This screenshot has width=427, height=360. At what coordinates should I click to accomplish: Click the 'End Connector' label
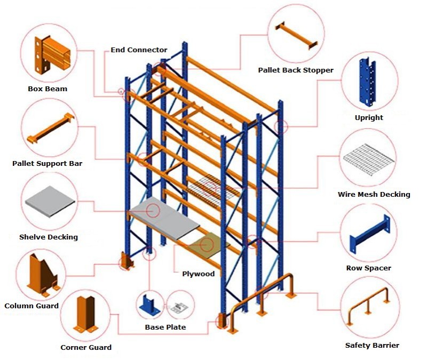(139, 50)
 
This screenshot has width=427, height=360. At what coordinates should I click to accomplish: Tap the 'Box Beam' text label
(48, 89)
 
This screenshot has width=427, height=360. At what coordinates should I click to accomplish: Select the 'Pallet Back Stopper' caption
(296, 70)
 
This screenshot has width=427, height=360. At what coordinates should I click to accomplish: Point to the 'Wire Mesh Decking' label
(374, 195)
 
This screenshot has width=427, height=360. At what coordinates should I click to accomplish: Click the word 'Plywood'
(199, 274)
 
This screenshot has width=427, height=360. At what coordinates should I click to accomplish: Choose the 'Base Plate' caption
(165, 327)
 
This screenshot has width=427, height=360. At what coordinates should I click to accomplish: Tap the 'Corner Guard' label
(86, 347)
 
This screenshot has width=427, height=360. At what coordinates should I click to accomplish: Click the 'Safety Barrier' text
(372, 345)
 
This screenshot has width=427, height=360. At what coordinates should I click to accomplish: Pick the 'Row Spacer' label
(368, 268)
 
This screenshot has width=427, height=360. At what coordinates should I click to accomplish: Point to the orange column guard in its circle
(43, 275)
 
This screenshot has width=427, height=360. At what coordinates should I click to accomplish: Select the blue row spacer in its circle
(368, 235)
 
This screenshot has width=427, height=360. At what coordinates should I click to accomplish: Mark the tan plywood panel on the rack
(208, 245)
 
